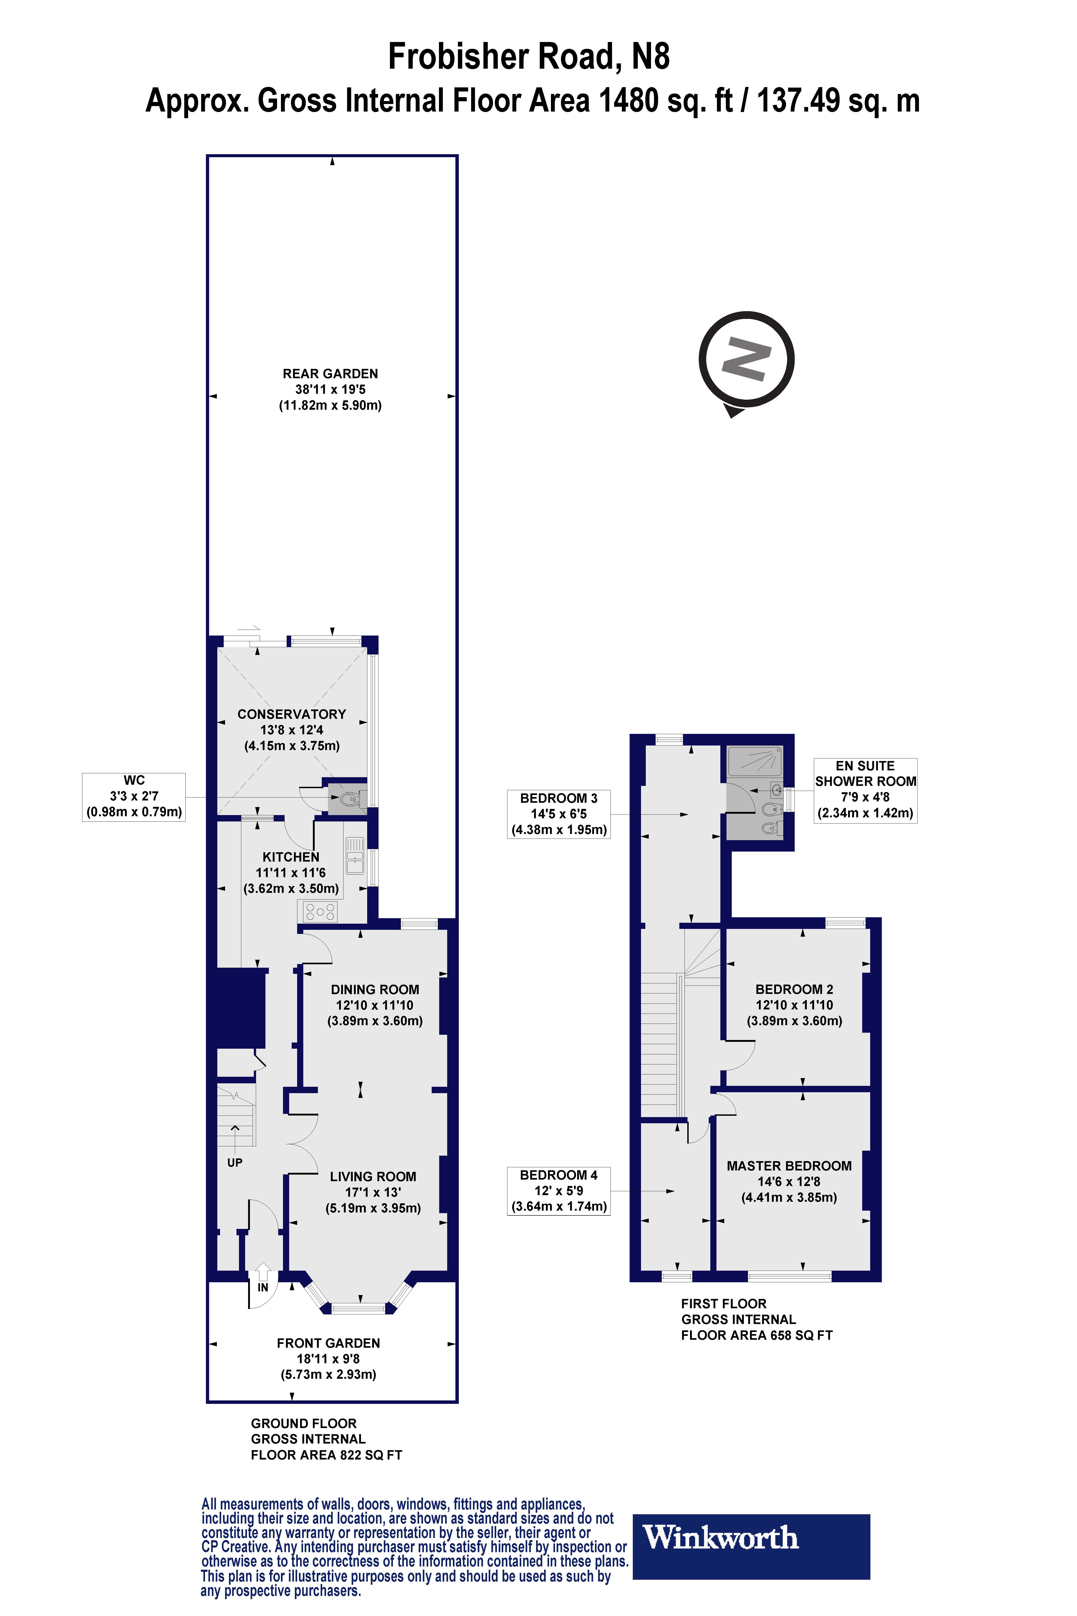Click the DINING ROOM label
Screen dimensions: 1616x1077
(374, 989)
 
